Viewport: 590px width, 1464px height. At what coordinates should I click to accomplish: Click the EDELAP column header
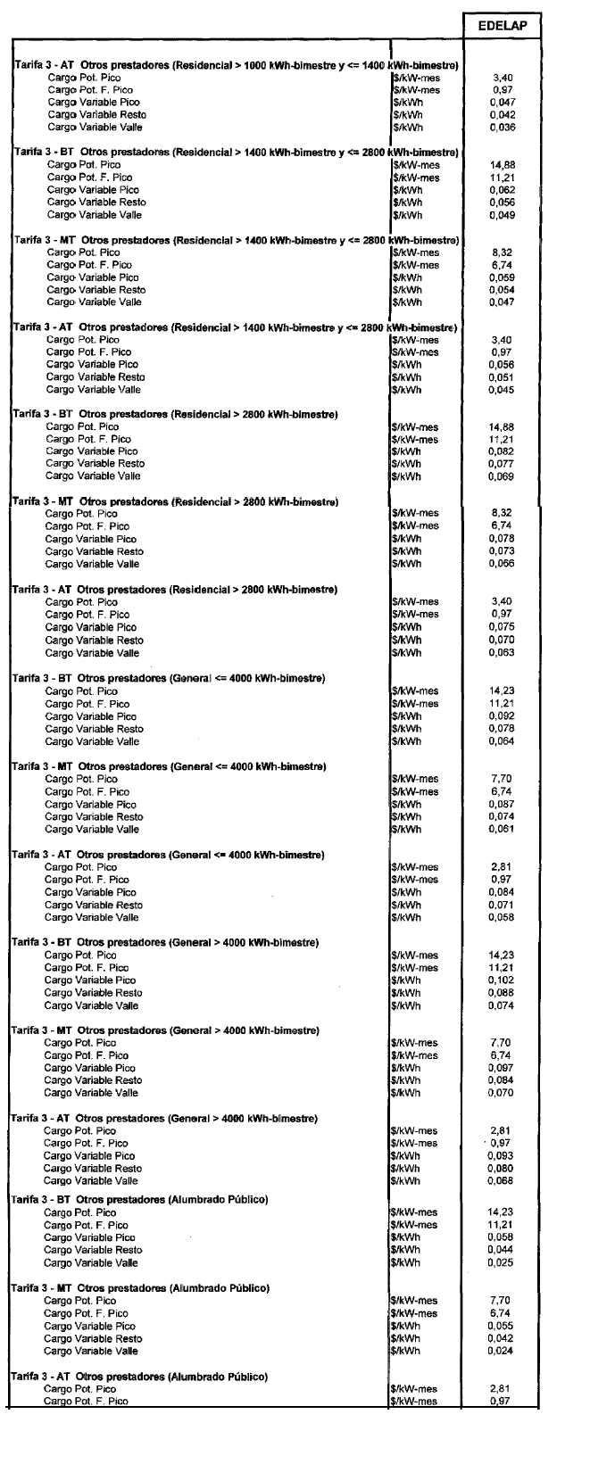(x=502, y=26)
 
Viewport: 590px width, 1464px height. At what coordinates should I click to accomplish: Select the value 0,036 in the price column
(x=503, y=128)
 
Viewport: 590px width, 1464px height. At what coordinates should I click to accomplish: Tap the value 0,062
(x=503, y=190)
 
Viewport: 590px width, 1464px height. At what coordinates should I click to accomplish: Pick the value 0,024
(x=501, y=1352)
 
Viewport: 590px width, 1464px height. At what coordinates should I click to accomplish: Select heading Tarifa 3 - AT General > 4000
(x=164, y=1119)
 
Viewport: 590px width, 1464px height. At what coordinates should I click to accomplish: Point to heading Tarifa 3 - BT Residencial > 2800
(x=175, y=414)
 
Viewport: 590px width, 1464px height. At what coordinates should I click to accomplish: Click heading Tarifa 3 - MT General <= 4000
(x=169, y=766)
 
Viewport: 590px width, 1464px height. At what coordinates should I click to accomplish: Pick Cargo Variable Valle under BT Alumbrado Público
(x=91, y=1263)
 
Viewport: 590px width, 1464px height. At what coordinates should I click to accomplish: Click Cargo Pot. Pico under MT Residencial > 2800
(x=81, y=514)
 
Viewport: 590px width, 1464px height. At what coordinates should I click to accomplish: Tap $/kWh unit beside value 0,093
(x=406, y=1156)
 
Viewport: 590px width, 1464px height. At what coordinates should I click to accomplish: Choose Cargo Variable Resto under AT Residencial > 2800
(x=94, y=641)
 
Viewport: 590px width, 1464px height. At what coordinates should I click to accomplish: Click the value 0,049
(x=503, y=215)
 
